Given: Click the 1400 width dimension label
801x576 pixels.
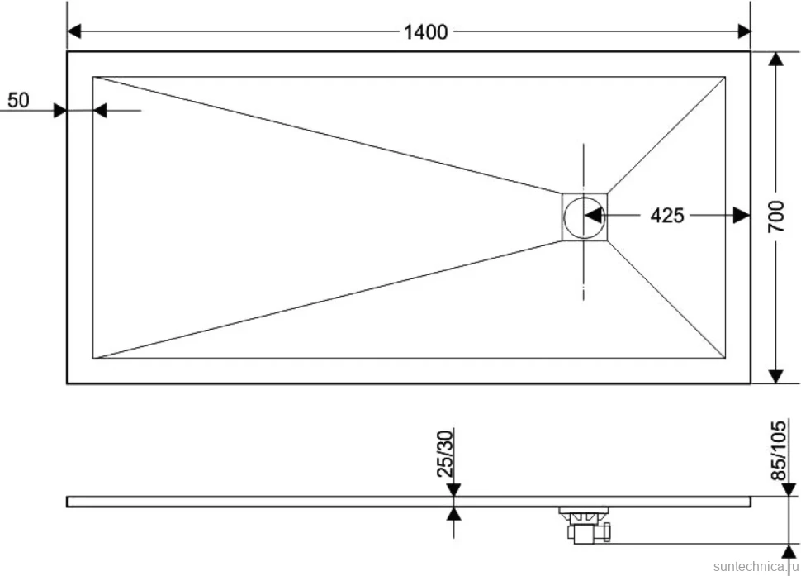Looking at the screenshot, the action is point(425,32).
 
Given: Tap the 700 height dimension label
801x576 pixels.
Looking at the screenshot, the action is point(776,217).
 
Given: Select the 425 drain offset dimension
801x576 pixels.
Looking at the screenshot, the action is point(666,216).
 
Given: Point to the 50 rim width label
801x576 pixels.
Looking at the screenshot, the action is point(18,100).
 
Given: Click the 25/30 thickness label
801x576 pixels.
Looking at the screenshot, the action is point(445,454).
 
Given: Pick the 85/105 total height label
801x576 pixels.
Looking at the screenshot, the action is point(778,450).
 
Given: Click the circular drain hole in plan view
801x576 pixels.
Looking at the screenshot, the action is point(584,217).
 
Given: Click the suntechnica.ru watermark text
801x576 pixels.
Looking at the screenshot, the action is point(756,566).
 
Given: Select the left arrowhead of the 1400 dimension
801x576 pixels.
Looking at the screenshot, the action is point(74,31).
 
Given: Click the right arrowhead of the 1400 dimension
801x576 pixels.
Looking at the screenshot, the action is point(744,31).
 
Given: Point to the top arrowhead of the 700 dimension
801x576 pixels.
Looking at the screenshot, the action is point(776,60).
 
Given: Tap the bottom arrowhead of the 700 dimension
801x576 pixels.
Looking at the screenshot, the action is point(776,376).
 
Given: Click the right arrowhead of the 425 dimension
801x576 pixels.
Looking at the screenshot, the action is point(742,216).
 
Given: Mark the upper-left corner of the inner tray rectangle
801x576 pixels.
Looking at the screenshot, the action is point(93,77).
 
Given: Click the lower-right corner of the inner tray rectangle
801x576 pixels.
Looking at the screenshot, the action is point(725,359).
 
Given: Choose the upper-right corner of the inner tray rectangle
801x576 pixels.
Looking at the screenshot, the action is point(725,77).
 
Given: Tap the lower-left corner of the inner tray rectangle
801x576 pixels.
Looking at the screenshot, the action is point(93,359).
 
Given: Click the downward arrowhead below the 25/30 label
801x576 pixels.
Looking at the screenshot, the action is point(453,489).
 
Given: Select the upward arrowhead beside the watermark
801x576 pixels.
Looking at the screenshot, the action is point(789,551).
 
